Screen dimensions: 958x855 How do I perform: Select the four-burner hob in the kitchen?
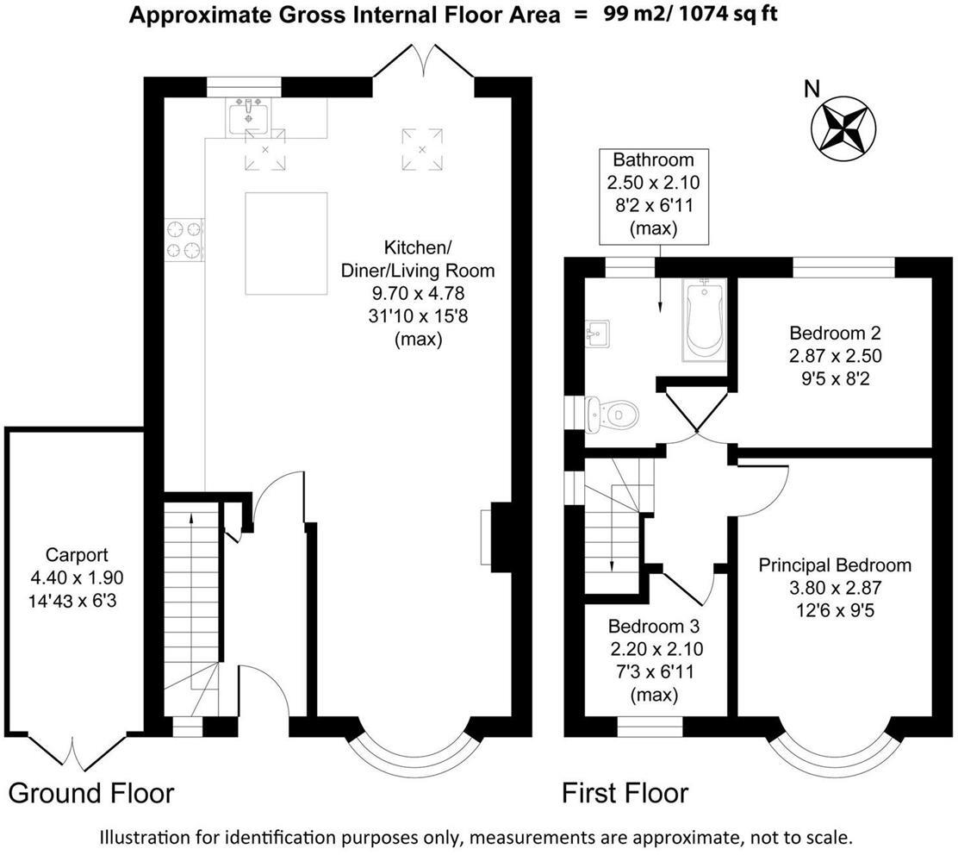(x=184, y=239)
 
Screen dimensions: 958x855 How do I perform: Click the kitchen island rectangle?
(x=286, y=244)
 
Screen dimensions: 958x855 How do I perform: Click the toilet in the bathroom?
(x=613, y=415)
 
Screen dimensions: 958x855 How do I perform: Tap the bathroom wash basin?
(x=596, y=332)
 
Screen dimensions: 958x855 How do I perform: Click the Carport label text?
(x=77, y=555)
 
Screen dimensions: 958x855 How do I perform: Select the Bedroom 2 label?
(x=835, y=333)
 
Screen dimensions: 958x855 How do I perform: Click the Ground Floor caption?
(x=91, y=793)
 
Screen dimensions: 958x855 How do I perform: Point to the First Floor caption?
(x=625, y=793)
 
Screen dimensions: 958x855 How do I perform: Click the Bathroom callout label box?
(x=652, y=194)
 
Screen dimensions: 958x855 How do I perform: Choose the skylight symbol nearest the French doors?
(x=422, y=148)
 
